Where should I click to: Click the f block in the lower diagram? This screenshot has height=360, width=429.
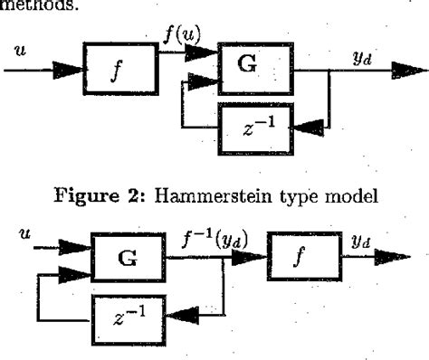pyautogui.click(x=302, y=260)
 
